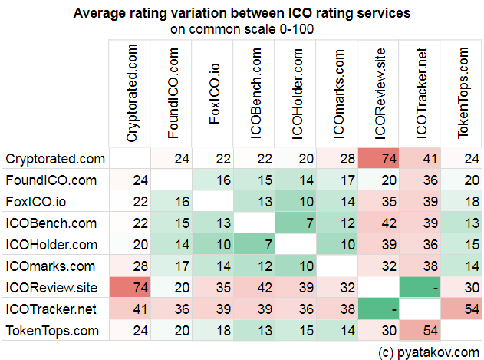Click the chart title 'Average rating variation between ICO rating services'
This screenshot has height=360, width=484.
click(x=242, y=13)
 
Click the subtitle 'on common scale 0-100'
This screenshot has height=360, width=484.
click(x=242, y=29)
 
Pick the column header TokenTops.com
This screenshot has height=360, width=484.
click(x=464, y=94)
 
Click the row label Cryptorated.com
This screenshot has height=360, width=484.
click(x=54, y=159)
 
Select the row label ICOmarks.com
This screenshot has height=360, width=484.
click(x=51, y=266)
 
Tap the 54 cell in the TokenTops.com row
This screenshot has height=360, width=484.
click(x=422, y=331)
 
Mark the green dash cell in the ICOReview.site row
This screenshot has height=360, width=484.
click(x=422, y=288)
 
